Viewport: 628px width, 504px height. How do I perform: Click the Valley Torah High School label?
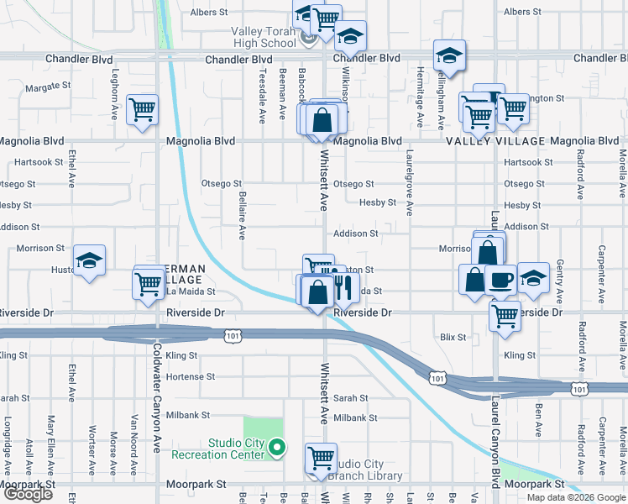pyautogui.click(x=264, y=38)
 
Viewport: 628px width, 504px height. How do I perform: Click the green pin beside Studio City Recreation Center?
pyautogui.click(x=281, y=448)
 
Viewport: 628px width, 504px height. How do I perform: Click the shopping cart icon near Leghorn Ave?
pyautogui.click(x=143, y=109)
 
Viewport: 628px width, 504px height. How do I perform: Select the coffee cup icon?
pyautogui.click(x=500, y=280)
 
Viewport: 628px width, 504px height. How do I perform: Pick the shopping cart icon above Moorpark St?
pyautogui.click(x=321, y=458)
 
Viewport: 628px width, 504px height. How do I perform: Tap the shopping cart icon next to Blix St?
pyautogui.click(x=505, y=316)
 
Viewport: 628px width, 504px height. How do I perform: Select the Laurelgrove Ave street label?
pyautogui.click(x=410, y=184)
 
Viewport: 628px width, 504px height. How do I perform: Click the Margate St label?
pyautogui.click(x=44, y=87)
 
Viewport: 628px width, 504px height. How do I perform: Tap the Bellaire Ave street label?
pyautogui.click(x=242, y=215)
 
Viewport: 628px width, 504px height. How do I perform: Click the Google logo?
pyautogui.click(x=28, y=494)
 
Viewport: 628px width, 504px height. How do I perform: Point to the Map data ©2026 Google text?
pyautogui.click(x=576, y=497)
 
